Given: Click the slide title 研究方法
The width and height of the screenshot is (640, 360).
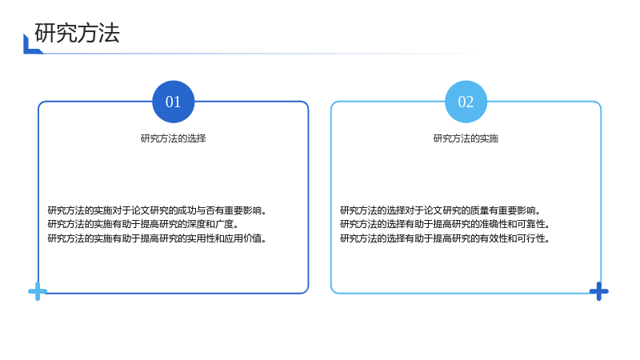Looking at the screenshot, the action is tap(77, 33).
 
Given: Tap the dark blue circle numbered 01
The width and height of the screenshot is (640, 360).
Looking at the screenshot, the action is tap(174, 102).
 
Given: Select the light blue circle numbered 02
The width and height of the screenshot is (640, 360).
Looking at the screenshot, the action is tap(466, 102).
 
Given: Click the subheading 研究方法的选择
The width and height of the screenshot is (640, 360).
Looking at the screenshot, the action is tap(174, 138).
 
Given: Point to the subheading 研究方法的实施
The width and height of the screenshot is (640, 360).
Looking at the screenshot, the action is tap(466, 138).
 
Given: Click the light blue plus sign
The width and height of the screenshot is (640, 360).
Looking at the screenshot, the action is tap(38, 291).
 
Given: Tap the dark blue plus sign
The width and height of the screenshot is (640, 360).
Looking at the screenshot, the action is tap(598, 291).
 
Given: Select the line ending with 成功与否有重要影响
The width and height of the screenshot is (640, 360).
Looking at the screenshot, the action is tap(157, 210).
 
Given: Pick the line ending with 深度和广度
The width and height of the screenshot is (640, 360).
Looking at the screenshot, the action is tap(143, 224).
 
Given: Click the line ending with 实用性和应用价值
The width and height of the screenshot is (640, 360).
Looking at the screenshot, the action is tap(157, 238).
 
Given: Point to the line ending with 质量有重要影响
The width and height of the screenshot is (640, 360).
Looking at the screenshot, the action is tap(441, 210).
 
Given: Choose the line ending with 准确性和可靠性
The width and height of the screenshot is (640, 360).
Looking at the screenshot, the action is tap(446, 224).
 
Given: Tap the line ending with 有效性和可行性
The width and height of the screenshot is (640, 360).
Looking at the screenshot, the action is tap(446, 238).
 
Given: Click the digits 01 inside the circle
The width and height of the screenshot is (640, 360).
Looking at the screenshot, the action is tap(174, 102).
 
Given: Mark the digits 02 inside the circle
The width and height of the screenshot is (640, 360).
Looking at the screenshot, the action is tap(466, 102).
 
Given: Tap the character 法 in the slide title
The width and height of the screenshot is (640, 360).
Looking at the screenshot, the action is tap(109, 33).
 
